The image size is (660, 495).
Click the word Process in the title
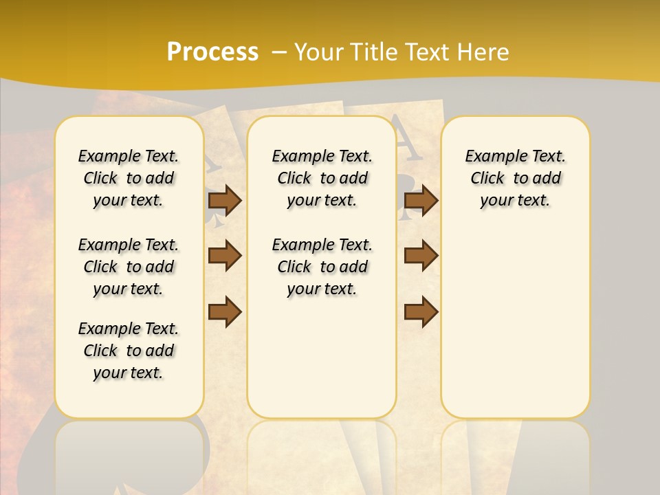[212, 52]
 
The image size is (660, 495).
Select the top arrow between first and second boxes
[225, 200]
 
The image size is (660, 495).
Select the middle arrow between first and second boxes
[225, 256]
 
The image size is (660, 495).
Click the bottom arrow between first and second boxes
[225, 311]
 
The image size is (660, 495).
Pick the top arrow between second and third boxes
[421, 200]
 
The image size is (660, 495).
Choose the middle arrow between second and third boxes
[421, 256]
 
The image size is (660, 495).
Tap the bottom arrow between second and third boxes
[421, 311]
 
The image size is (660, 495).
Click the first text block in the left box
[129, 178]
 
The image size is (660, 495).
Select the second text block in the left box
[129, 267]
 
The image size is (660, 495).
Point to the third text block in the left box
[129, 351]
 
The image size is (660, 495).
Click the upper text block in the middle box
[322, 178]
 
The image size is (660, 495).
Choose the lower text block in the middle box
[322, 267]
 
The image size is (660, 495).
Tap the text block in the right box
[516, 178]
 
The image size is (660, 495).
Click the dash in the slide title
[279, 52]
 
